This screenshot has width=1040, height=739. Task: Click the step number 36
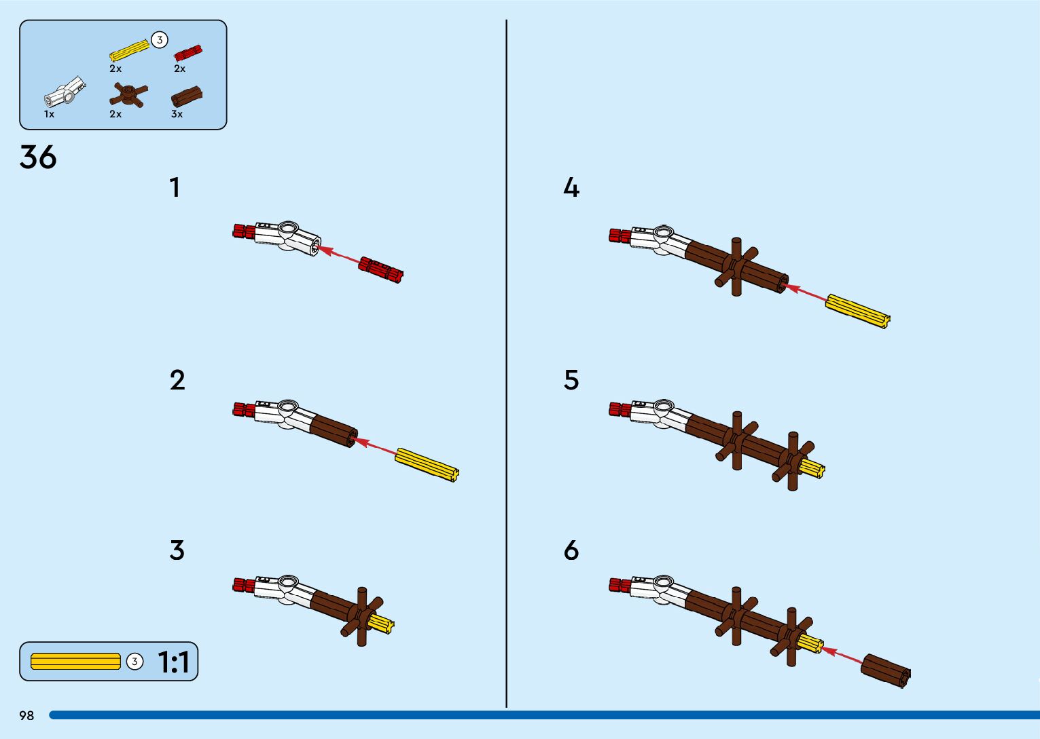coord(38,157)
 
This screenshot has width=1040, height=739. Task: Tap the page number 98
coord(26,716)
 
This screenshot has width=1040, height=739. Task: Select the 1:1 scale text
coord(173,662)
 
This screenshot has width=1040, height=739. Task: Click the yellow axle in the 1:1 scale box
coord(75,661)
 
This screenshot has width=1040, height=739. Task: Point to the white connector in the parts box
coord(65,93)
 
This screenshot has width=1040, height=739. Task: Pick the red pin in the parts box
coord(188,53)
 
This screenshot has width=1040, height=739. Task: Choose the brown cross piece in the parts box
coord(129,95)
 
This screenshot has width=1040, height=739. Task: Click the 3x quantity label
coord(177,114)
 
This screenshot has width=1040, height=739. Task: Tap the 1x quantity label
coord(49,114)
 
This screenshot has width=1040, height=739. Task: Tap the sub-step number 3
coord(177,550)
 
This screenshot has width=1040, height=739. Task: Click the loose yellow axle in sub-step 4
coord(857,311)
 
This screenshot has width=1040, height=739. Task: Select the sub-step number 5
coord(571,380)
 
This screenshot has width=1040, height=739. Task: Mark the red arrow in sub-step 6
coord(842,656)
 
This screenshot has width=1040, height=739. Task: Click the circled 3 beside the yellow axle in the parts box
coord(160,40)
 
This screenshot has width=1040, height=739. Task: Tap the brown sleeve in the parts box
coord(187,97)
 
